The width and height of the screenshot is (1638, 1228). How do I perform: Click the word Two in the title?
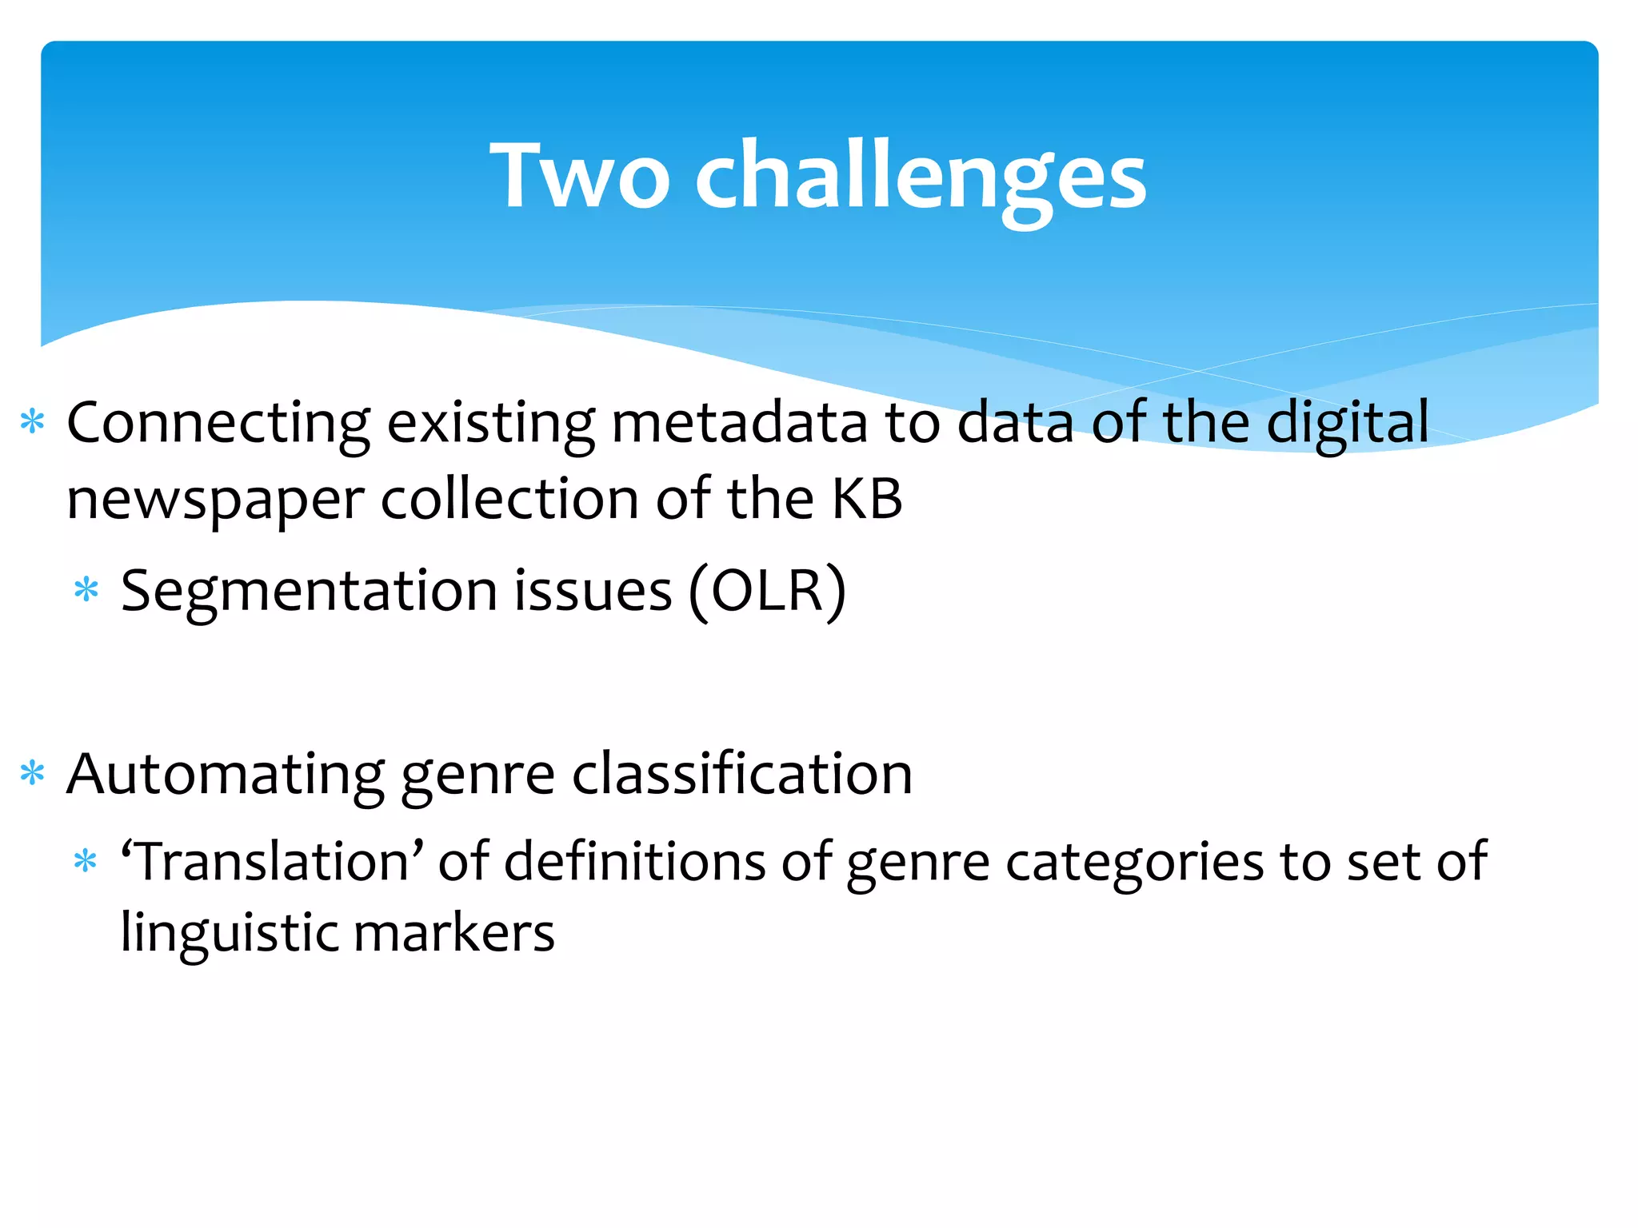tap(579, 176)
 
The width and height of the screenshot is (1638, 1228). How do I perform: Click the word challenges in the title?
tap(920, 177)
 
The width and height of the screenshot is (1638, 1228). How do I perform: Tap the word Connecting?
tap(218, 424)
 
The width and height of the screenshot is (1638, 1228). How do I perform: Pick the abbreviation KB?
tap(867, 499)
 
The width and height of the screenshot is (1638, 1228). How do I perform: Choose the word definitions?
tap(635, 862)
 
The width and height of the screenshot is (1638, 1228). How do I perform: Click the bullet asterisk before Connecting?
tap(33, 421)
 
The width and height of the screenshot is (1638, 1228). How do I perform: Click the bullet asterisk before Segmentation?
tap(86, 591)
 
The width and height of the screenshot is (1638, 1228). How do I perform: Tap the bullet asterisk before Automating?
tap(33, 773)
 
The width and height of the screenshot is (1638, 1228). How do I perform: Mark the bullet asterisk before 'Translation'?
tap(86, 862)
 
